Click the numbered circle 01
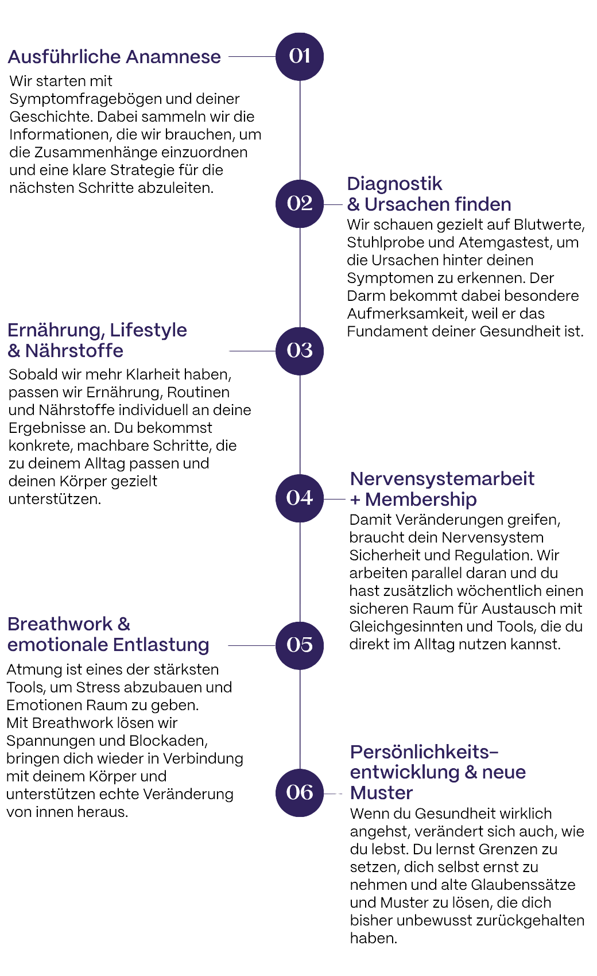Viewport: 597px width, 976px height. tap(300, 56)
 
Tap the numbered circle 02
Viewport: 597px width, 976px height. tap(300, 203)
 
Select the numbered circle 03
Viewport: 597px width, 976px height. tap(300, 350)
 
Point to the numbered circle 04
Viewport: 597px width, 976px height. tap(300, 497)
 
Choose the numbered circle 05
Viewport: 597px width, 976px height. tap(300, 645)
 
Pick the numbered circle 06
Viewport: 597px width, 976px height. tap(300, 792)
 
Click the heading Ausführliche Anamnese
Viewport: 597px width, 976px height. tap(114, 56)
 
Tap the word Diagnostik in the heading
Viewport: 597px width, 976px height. tap(395, 184)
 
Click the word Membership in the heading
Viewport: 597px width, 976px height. tap(421, 499)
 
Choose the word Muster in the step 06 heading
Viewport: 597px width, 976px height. tap(381, 793)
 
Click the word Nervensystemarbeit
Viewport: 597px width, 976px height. tap(442, 478)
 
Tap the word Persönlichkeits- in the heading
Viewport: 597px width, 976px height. tap(424, 752)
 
